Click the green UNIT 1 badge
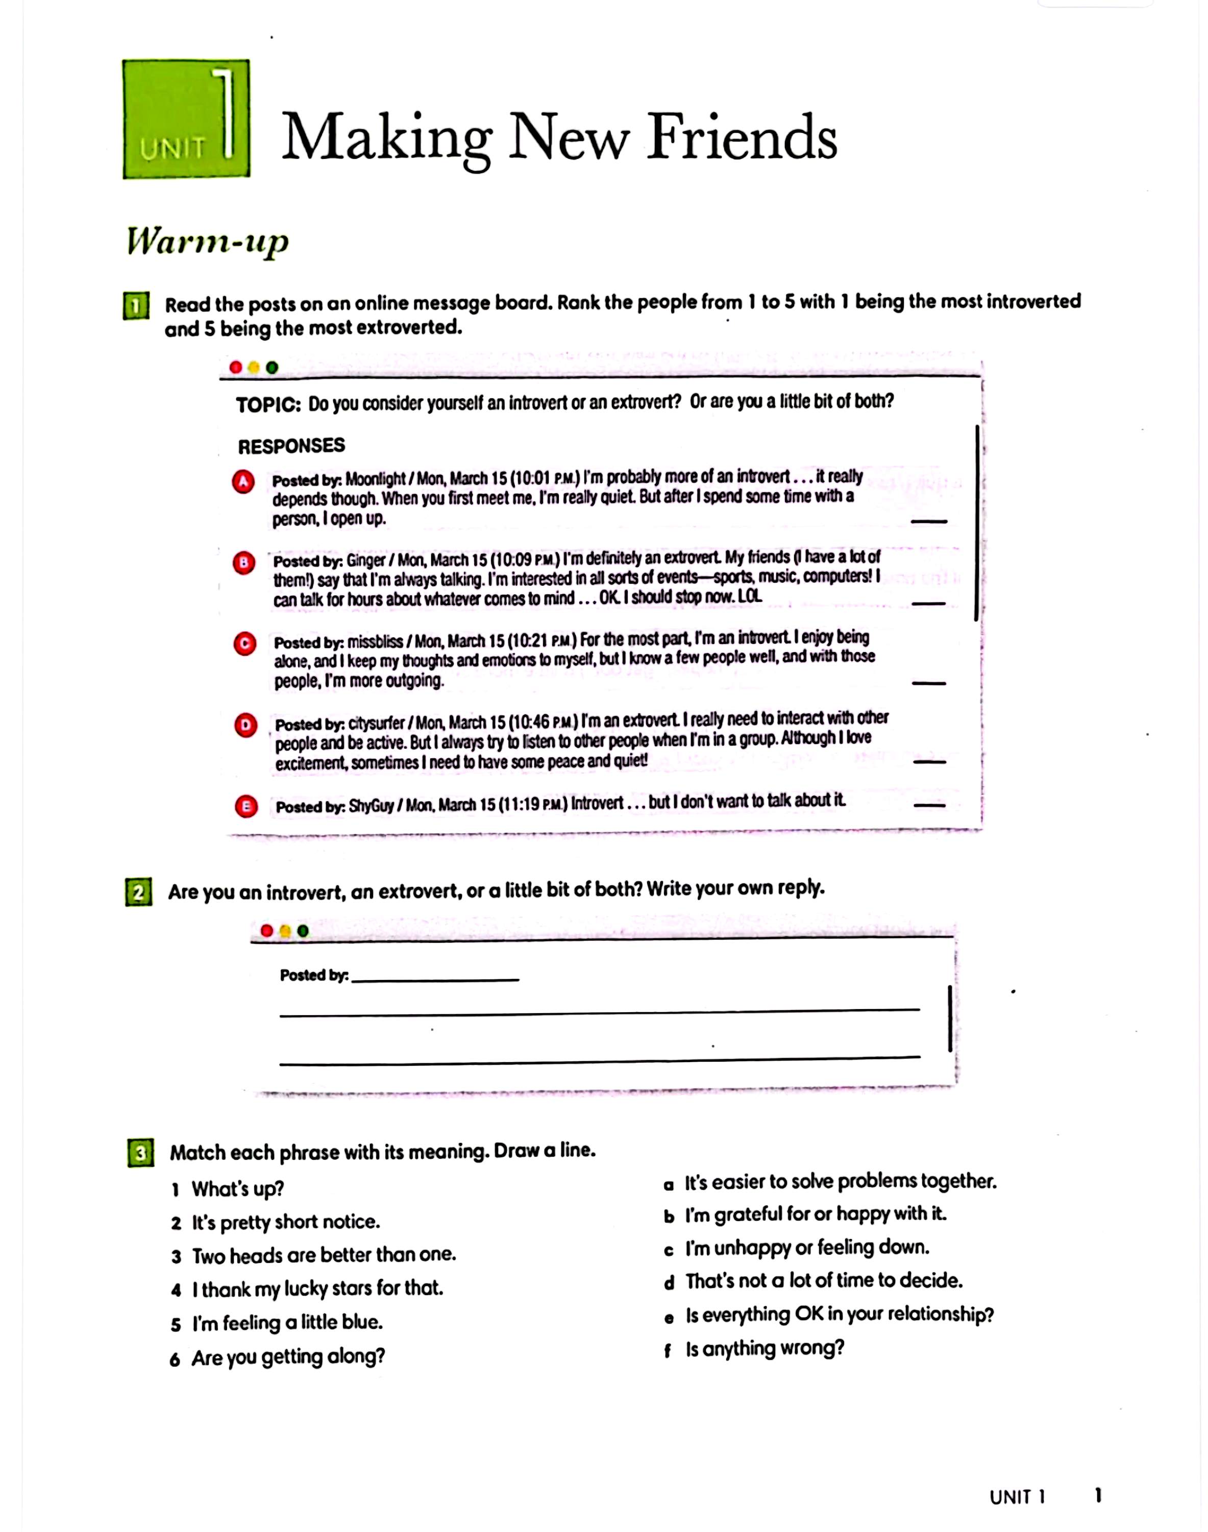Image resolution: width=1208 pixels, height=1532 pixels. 186,119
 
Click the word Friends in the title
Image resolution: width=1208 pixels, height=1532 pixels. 742,137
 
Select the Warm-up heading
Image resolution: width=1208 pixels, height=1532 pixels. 208,242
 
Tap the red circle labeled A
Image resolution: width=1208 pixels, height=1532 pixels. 243,482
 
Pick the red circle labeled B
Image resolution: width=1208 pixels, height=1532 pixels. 244,563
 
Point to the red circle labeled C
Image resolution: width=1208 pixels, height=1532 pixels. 244,644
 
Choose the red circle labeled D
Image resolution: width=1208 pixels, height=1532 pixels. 245,725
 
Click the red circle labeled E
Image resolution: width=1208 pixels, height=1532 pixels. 246,807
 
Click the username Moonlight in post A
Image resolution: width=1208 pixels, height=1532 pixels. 376,479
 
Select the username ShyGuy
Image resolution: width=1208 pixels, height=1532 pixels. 372,806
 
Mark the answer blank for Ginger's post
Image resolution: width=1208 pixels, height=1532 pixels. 929,604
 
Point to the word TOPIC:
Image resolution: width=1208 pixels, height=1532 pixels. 268,405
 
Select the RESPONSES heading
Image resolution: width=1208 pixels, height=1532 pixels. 291,446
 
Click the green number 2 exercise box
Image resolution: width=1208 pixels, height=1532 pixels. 139,892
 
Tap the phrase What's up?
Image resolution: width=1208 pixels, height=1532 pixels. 238,1189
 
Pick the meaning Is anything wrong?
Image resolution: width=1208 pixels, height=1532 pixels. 765,1349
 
